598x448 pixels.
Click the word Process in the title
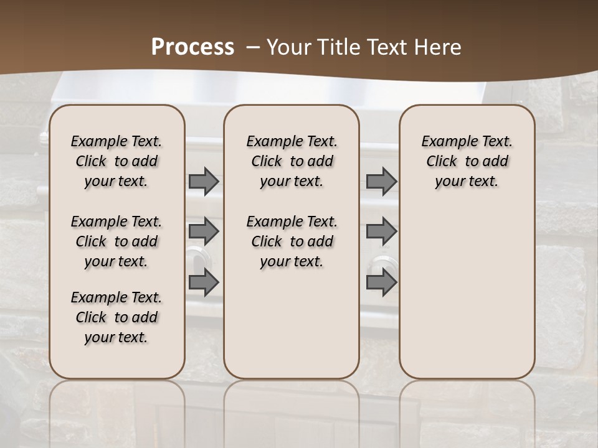(192, 47)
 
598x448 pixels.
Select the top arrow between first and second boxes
(204, 182)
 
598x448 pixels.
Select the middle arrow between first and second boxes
(204, 231)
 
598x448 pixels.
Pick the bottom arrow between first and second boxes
(204, 282)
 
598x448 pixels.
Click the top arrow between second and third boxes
(381, 182)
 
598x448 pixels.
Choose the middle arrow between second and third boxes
(381, 231)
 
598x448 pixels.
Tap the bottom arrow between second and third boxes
(381, 282)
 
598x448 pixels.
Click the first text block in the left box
(116, 162)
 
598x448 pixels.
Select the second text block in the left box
(116, 241)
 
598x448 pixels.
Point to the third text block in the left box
(116, 317)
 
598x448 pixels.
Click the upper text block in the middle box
(292, 162)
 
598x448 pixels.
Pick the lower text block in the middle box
(292, 241)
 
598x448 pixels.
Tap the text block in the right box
(467, 162)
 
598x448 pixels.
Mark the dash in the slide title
(252, 47)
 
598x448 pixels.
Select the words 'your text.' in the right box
(467, 182)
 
